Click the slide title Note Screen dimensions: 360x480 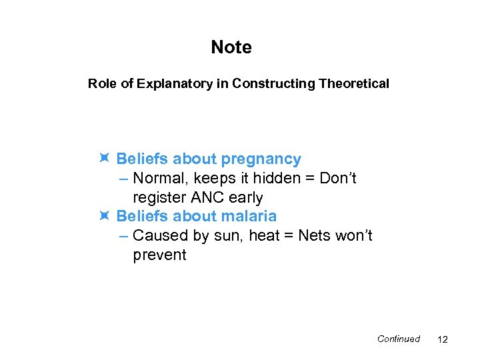[231, 47]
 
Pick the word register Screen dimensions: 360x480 [159, 198]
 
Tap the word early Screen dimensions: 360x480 [245, 198]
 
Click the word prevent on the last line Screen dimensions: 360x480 [160, 255]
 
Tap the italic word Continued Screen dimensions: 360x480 [398, 339]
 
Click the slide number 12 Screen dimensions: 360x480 [442, 339]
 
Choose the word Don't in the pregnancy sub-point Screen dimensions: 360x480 [338, 178]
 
